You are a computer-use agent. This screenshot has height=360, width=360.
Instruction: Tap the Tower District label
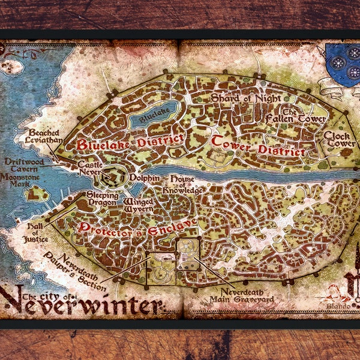[258, 145]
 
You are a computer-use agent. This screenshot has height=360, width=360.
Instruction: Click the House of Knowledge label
[187, 185]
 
